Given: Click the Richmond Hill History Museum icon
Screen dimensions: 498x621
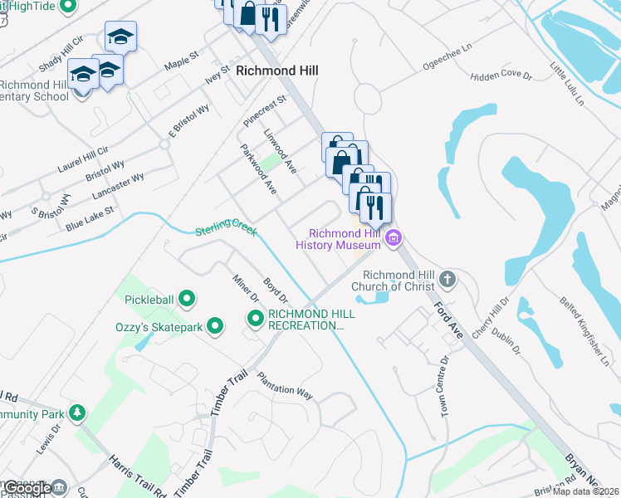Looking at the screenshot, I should click(x=394, y=239).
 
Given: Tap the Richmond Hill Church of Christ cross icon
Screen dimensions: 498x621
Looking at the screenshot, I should click(x=448, y=279).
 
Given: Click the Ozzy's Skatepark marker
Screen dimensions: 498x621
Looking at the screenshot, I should click(x=216, y=327).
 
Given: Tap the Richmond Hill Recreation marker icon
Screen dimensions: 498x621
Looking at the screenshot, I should click(x=256, y=318).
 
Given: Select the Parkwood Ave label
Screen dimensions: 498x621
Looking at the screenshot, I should click(x=258, y=170).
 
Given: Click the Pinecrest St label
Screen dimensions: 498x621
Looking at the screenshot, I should click(x=265, y=110).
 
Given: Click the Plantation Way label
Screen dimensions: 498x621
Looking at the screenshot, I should click(x=285, y=387).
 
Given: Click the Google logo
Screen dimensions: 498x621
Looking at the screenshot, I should click(x=27, y=488).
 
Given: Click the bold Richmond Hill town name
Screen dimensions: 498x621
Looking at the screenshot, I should click(x=277, y=71).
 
